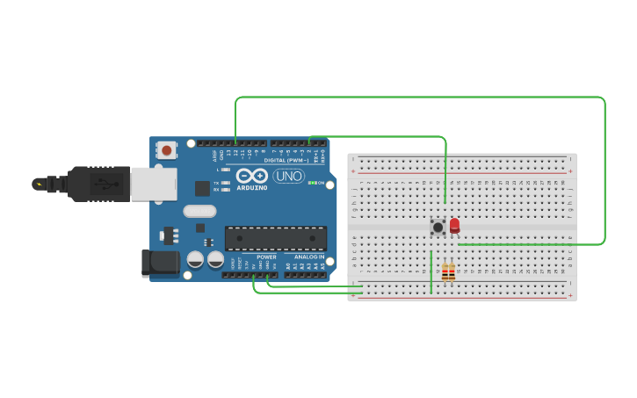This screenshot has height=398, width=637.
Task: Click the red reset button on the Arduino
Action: tap(166, 151)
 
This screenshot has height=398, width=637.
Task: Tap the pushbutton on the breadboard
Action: tap(437, 228)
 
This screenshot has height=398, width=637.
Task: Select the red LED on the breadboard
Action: tap(454, 226)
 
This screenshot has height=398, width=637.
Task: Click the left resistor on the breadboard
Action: tap(445, 272)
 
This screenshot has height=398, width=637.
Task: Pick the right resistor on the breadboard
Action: tap(452, 272)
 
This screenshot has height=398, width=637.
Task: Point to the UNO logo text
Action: tap(289, 176)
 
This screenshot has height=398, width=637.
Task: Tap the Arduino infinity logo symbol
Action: tap(251, 176)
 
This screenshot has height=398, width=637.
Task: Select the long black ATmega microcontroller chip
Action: tap(275, 238)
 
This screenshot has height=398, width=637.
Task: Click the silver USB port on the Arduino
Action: tap(153, 184)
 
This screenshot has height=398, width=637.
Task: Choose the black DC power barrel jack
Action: tap(160, 263)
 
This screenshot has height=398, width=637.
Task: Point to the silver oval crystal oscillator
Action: tap(199, 211)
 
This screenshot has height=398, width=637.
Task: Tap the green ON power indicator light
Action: tap(312, 183)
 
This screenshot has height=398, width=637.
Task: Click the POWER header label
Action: tap(266, 257)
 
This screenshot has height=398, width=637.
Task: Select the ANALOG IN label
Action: tap(308, 257)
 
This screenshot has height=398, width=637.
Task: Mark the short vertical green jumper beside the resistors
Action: tap(431, 272)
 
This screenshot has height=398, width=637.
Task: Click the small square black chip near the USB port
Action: tap(202, 187)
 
